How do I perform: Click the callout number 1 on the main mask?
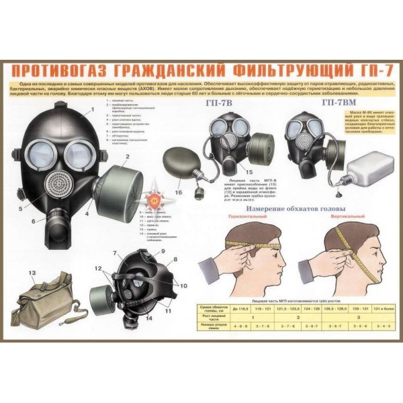click(92, 109)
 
